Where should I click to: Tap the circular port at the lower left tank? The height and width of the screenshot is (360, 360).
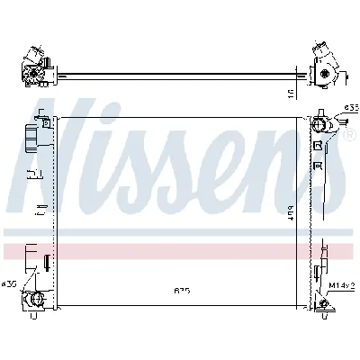pos(36,300)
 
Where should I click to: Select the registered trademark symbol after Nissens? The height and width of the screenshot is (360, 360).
pos(347,136)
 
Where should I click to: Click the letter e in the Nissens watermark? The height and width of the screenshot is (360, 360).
pos(247,166)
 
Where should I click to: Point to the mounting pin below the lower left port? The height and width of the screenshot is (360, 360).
pos(36,316)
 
